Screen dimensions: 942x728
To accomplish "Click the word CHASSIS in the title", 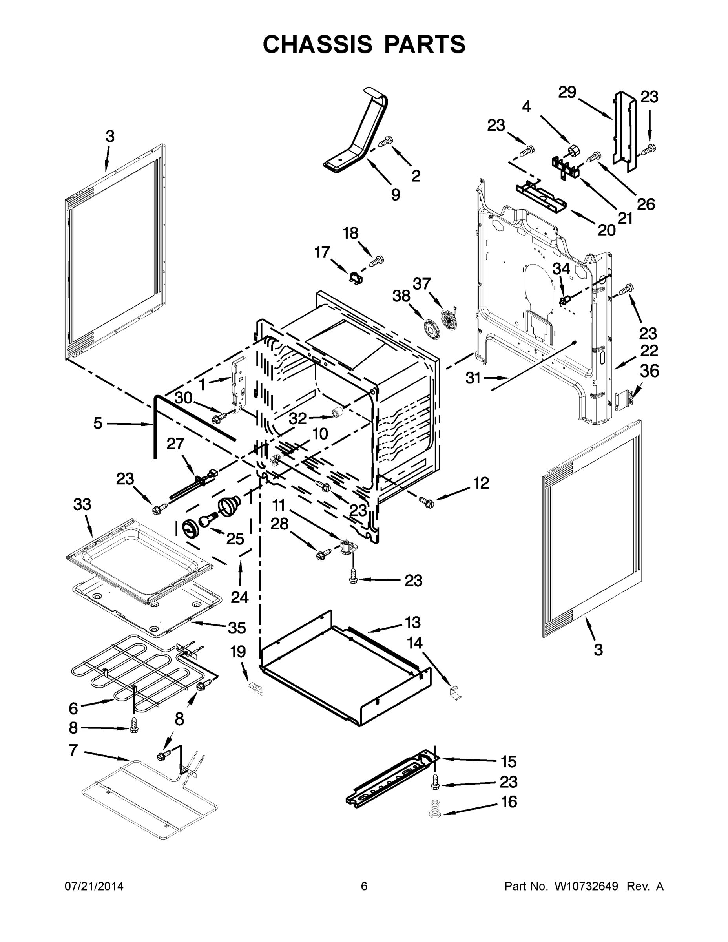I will [317, 44].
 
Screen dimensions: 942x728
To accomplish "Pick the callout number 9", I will [395, 195].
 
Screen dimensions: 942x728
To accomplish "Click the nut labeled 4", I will [573, 151].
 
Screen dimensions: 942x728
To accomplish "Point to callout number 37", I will [422, 284].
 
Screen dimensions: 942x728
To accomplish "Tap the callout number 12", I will [481, 483].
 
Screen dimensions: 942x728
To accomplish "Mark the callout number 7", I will [73, 750].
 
